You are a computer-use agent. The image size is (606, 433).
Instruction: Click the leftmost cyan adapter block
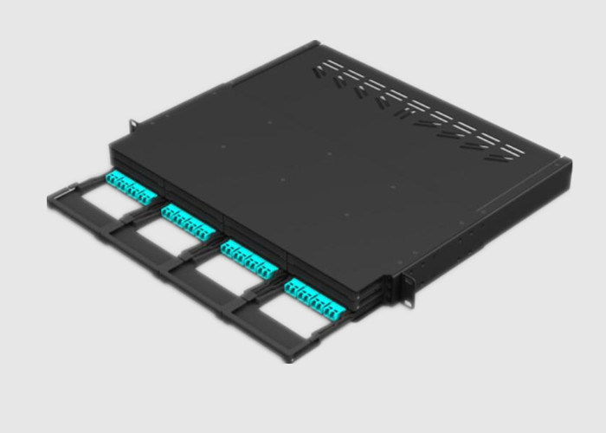[x=126, y=185]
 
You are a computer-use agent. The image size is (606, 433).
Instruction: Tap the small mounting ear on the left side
[x=134, y=126]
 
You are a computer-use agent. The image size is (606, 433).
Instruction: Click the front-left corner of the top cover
[x=111, y=143]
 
